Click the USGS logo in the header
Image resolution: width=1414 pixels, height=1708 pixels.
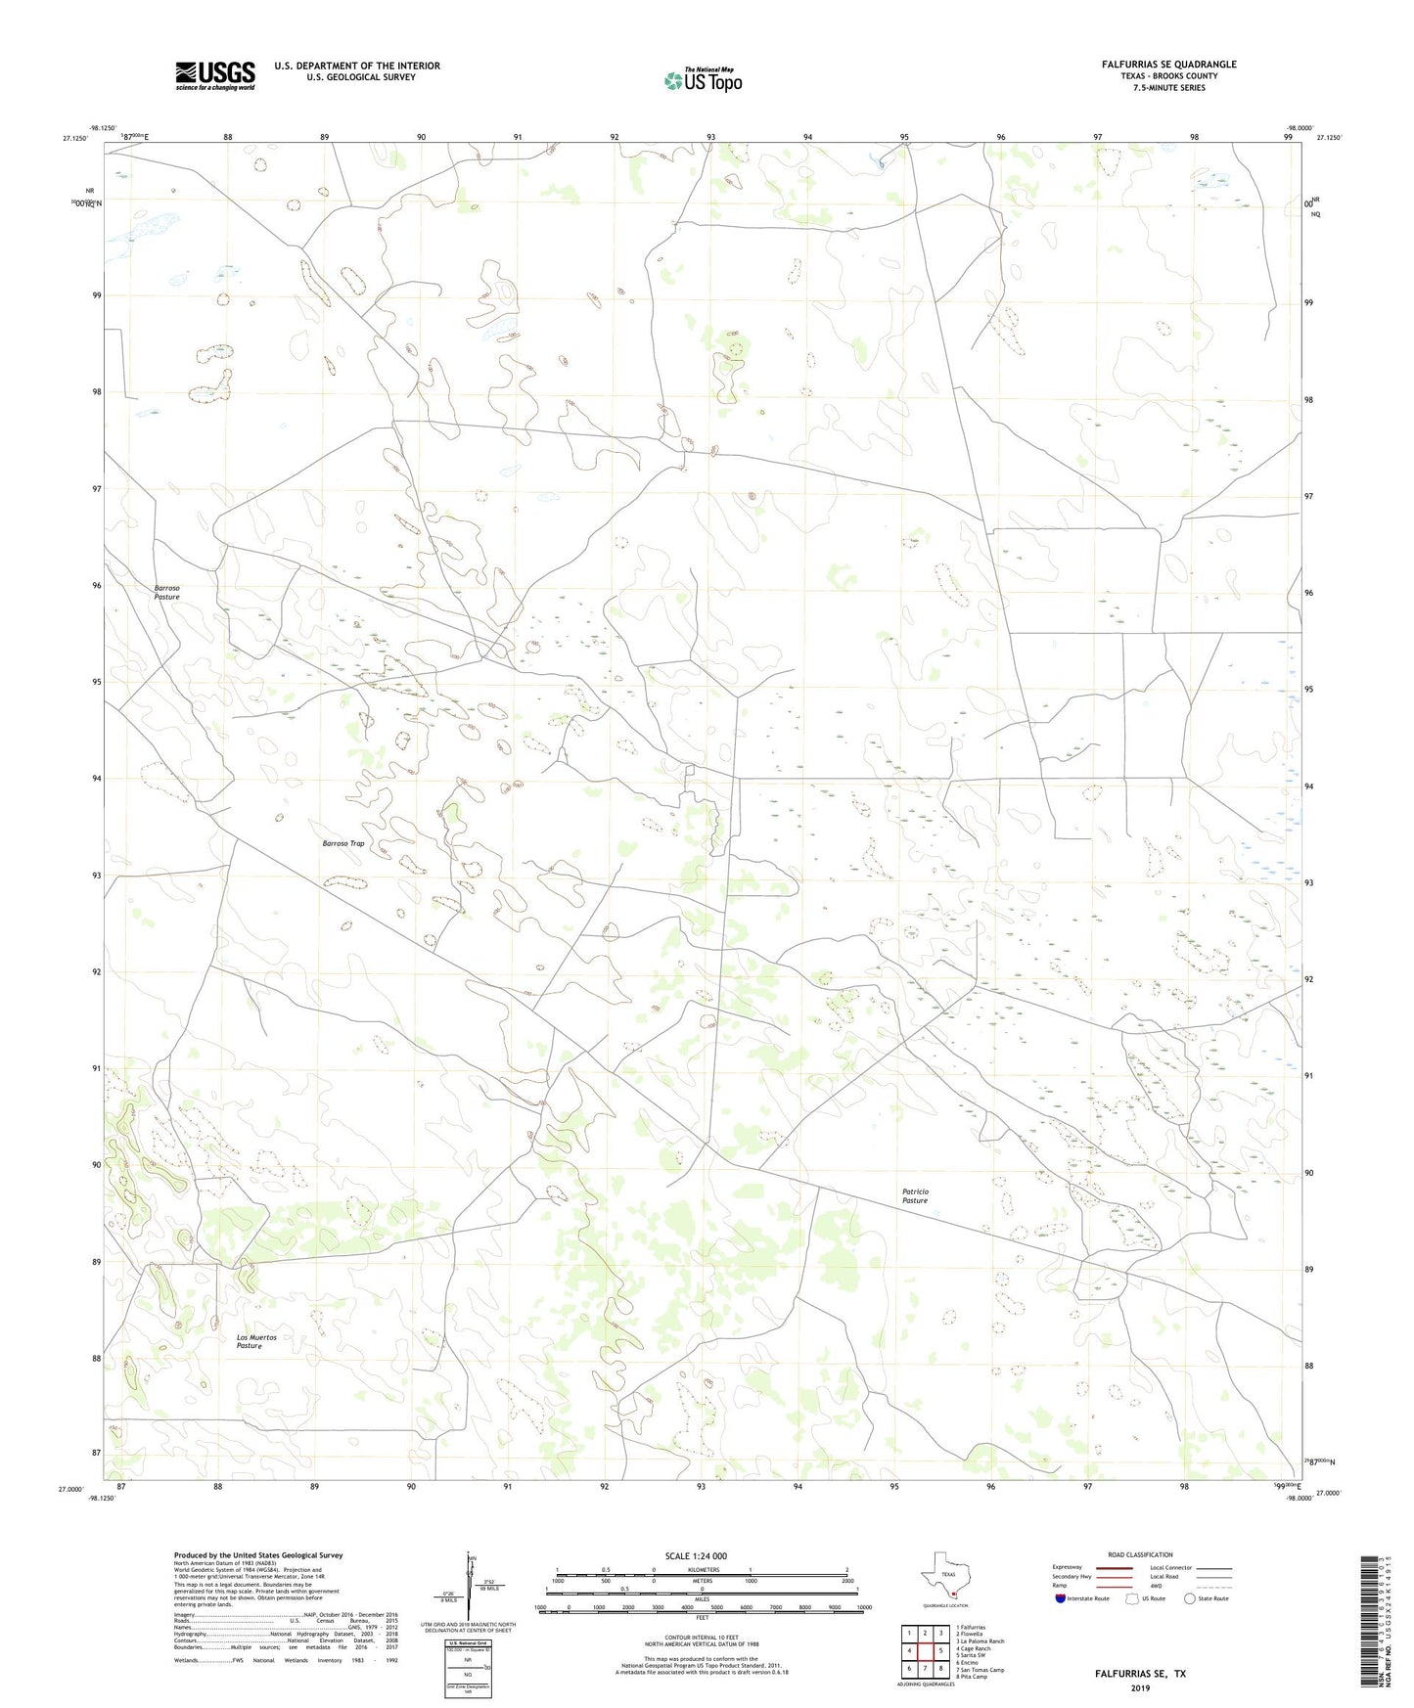tap(214, 75)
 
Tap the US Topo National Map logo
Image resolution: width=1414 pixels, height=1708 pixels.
tap(703, 80)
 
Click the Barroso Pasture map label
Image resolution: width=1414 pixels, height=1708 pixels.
tap(166, 592)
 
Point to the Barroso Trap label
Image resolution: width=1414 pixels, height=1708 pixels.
tap(343, 842)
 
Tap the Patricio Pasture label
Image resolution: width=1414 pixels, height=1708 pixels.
tap(915, 1195)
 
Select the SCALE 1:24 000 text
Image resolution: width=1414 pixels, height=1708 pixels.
tap(702, 1555)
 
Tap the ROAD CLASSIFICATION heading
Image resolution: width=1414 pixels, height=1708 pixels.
tap(1140, 1554)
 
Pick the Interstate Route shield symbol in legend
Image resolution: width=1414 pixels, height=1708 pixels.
tap(1061, 1599)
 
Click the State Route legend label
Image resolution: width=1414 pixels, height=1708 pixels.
tap(1213, 1599)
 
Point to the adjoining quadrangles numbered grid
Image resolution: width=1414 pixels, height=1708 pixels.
tap(924, 1651)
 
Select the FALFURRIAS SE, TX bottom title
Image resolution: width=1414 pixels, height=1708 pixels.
tap(1140, 1674)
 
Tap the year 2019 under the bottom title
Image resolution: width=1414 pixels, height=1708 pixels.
tap(1140, 1687)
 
